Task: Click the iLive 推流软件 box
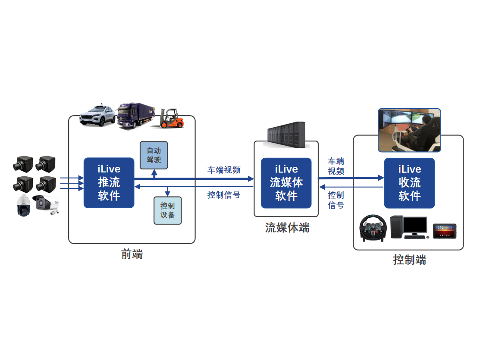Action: (109, 183)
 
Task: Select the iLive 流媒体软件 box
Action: (286, 183)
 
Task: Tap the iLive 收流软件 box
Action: (409, 183)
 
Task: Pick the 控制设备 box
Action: (168, 210)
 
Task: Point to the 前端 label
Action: (132, 254)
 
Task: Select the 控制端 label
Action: (409, 260)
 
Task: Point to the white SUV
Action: (97, 115)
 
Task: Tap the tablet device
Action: (445, 230)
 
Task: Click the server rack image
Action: (286, 135)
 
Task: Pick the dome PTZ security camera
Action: (23, 205)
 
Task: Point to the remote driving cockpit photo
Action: (409, 130)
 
